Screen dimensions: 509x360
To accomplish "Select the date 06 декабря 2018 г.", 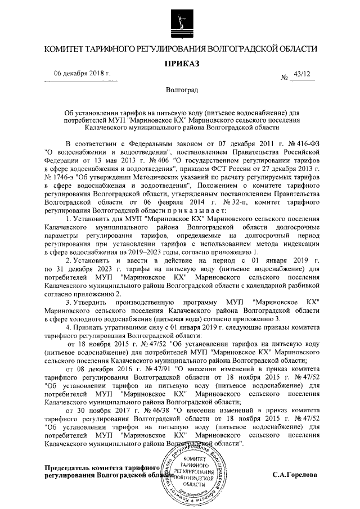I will (83, 74).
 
